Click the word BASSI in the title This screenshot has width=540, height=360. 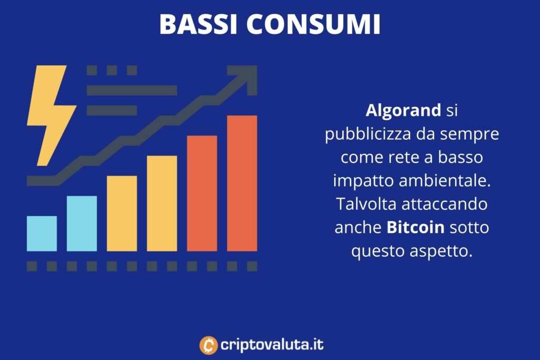pos(199,24)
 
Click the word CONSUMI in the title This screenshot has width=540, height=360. pos(313,24)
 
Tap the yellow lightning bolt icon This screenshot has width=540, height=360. pos(51,115)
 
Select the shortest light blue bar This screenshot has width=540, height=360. pos(42,233)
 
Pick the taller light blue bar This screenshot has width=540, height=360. pos(82,223)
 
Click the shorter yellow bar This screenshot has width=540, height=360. pos(122,213)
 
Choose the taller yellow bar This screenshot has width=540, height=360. pos(162,203)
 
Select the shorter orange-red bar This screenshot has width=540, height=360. pos(202,193)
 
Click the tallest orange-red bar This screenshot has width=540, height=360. pos(242,183)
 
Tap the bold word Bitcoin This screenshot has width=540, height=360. pos(416,228)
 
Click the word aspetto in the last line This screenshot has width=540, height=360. pos(441,251)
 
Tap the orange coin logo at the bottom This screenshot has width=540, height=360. pos(208,345)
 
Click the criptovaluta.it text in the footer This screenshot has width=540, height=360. pos(272,345)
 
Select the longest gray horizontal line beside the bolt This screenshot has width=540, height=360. pos(132,90)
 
